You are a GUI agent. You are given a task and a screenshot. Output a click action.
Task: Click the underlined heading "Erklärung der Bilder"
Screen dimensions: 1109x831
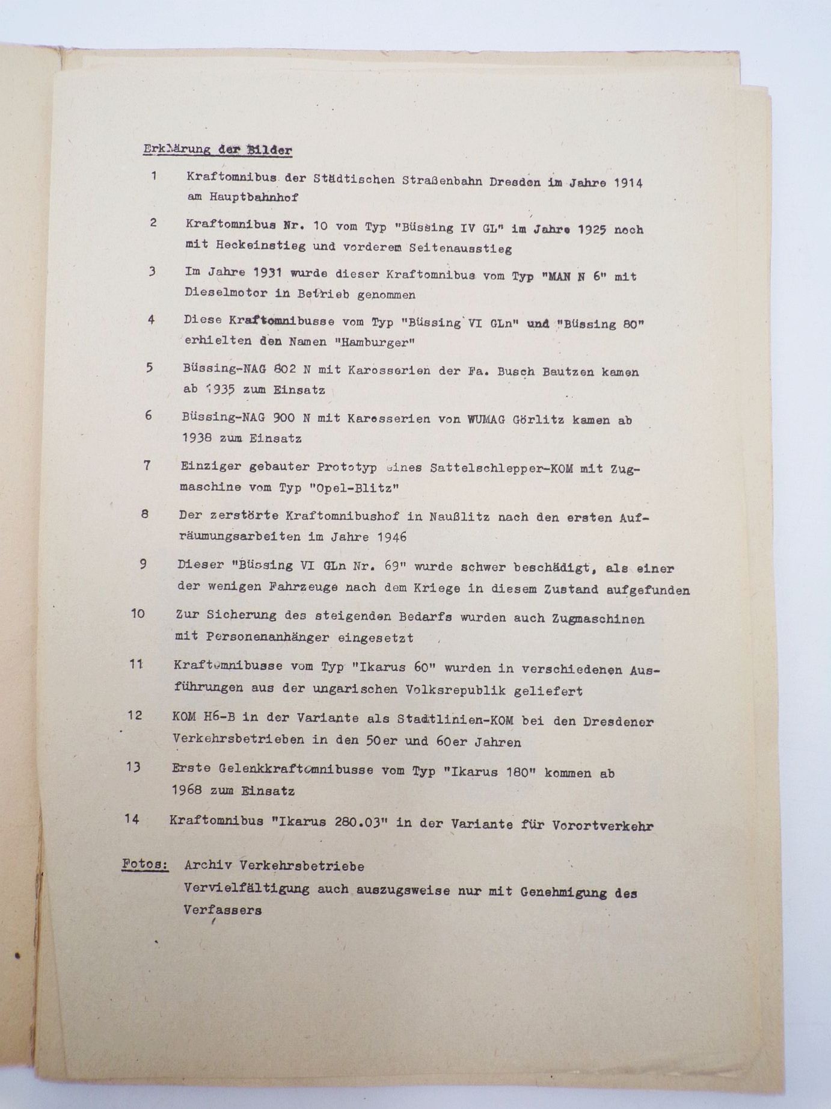pos(218,149)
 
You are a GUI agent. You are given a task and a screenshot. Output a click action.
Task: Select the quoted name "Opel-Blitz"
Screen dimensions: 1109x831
pos(354,488)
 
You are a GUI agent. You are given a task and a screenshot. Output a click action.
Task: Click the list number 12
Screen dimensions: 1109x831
pos(135,715)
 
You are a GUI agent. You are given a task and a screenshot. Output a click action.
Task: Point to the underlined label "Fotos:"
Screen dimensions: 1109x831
pos(144,863)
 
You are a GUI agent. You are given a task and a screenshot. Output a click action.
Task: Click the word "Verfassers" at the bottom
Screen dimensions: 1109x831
pos(222,910)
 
